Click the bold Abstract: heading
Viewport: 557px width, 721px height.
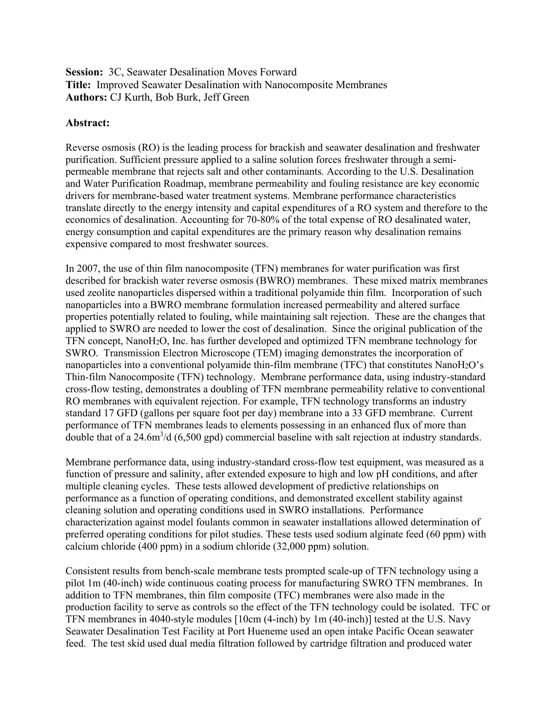tap(87, 123)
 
